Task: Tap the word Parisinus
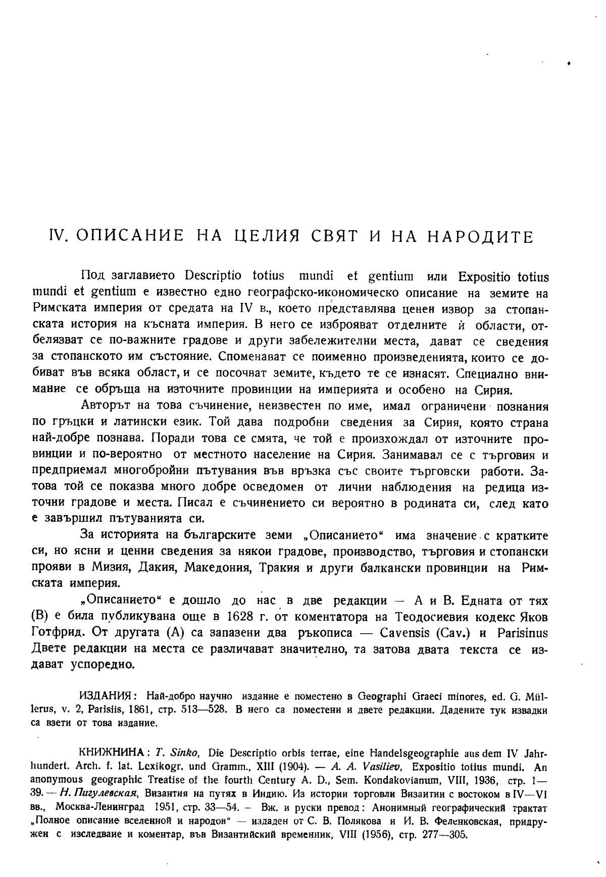523,633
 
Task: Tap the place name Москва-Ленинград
99,807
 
